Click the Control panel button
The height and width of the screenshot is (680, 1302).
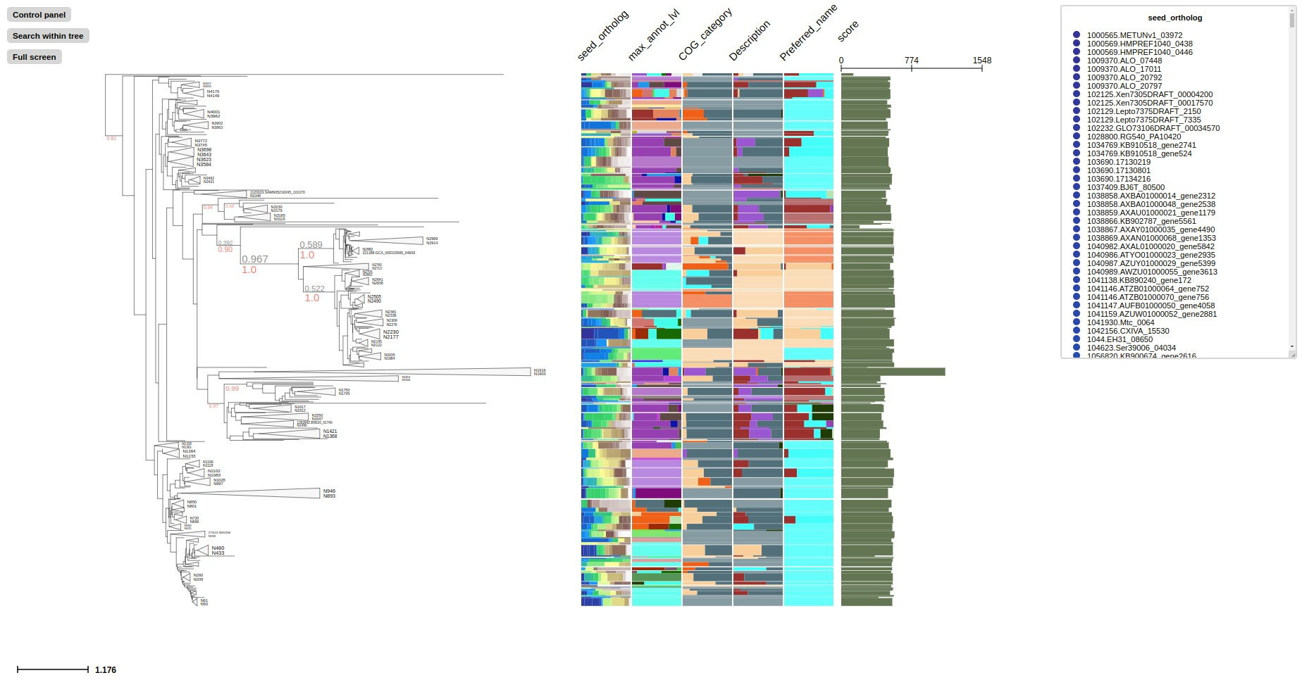[x=39, y=15]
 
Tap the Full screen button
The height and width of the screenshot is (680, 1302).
[x=34, y=57]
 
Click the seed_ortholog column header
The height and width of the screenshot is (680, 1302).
[x=602, y=36]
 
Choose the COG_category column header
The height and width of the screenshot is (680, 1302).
[x=705, y=34]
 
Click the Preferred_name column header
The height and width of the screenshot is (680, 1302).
[x=808, y=32]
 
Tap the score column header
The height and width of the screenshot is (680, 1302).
[x=848, y=31]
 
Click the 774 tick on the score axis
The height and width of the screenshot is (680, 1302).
[x=911, y=61]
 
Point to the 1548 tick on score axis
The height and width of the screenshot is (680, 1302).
[x=981, y=61]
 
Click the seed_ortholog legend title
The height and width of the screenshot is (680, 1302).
[x=1174, y=18]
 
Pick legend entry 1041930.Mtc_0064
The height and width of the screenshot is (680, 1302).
[x=1120, y=322]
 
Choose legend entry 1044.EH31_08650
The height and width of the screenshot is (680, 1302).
[x=1120, y=339]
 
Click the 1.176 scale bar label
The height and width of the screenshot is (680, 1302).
[x=106, y=669]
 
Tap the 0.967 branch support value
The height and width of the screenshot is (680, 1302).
[x=255, y=259]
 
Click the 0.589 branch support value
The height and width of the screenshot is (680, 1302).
[x=311, y=245]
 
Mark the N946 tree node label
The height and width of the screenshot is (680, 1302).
[x=329, y=491]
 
